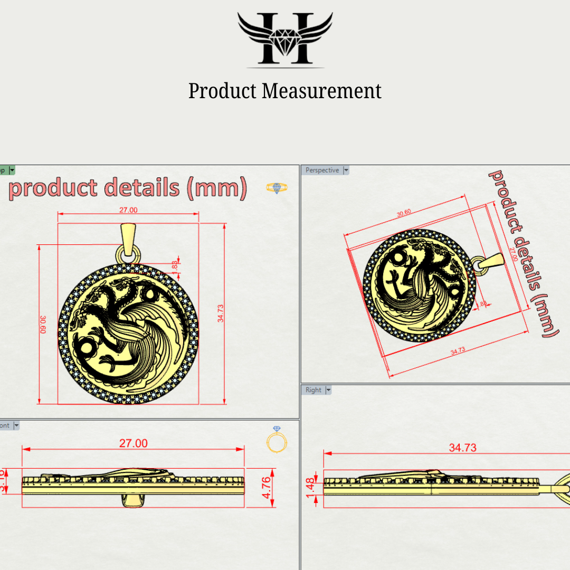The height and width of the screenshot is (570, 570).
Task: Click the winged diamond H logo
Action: pos(285,39)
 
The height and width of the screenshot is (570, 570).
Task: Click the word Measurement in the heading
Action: pos(321,91)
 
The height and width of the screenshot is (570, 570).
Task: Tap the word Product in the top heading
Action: pos(222,91)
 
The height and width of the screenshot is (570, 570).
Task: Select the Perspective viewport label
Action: pos(322,170)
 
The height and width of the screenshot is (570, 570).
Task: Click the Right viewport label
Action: pos(313,390)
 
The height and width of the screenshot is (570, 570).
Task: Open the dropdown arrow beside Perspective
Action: pos(346,170)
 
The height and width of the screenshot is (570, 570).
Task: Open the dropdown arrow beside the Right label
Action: pos(328,390)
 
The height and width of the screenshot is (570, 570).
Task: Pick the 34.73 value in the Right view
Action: pos(462,448)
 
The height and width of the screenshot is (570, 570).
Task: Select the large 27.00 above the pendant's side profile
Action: pos(133,443)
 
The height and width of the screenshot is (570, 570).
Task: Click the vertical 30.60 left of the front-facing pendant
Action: pos(43,325)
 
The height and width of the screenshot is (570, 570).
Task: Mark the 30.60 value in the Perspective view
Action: pos(404,213)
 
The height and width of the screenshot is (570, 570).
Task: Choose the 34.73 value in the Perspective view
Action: pos(458,350)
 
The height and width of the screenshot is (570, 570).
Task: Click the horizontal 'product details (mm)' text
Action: pos(128,188)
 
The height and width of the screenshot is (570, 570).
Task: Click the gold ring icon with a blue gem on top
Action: pos(278,440)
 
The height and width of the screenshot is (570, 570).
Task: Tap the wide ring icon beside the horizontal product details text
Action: pos(277,188)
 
